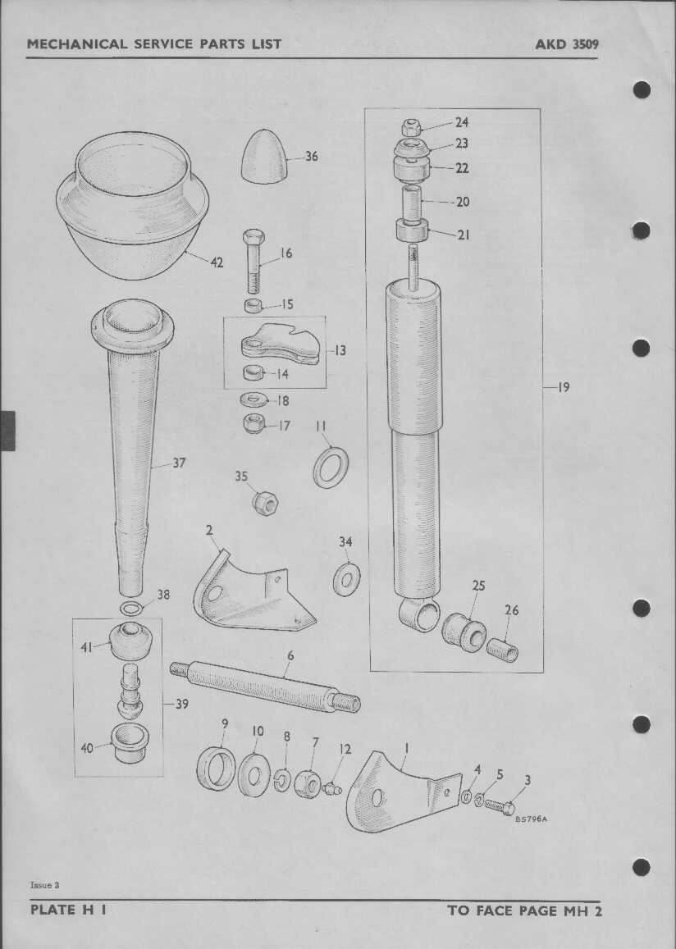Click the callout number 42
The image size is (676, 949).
[x=216, y=262]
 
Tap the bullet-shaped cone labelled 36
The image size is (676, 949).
[x=264, y=156]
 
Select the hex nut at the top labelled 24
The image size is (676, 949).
[x=412, y=128]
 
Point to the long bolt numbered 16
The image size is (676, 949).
[x=253, y=261]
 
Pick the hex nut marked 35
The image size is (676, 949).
[x=264, y=502]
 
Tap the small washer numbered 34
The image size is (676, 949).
[x=347, y=579]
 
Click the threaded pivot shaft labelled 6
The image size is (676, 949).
[x=265, y=687]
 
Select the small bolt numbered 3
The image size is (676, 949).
[x=500, y=807]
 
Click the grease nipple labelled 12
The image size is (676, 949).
[x=332, y=788]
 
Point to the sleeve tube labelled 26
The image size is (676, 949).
[x=502, y=650]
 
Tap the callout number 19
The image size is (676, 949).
[x=564, y=387]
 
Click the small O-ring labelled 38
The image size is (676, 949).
[x=130, y=608]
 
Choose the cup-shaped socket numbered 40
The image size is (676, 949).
[x=131, y=742]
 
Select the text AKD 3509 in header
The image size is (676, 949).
[x=566, y=44]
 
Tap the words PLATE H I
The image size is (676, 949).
[x=69, y=910]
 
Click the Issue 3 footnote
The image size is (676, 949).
[x=45, y=885]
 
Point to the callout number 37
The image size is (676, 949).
[x=179, y=463]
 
